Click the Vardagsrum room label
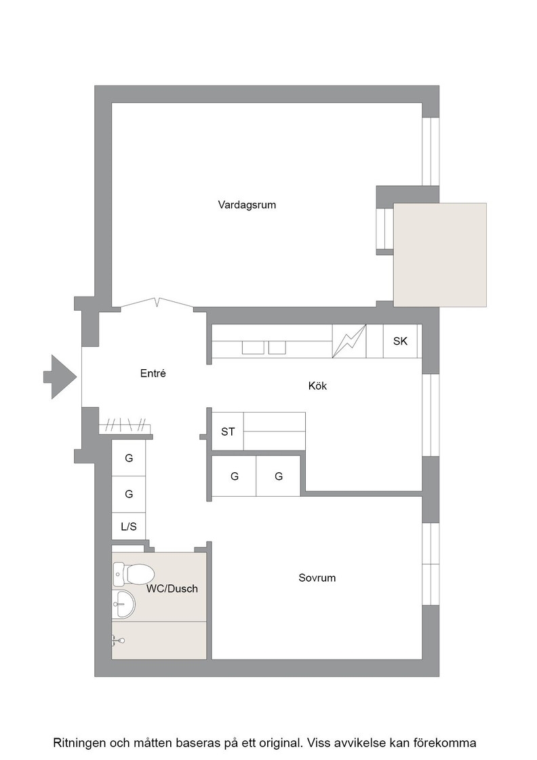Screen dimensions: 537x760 247,205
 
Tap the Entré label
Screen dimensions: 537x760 153,373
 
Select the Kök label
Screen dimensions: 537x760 317,386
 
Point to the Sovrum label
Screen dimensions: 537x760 317,577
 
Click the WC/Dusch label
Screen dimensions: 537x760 172,588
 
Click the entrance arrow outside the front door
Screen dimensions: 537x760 60,377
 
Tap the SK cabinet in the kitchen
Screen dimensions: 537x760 401,341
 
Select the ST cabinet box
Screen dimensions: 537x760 228,432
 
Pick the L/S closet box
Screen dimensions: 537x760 129,527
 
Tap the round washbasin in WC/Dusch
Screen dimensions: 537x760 123,604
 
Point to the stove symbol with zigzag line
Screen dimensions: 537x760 349,341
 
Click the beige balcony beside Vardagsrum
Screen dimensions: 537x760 439,254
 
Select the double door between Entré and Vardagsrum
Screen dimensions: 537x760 157,303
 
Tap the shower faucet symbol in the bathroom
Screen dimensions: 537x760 117,641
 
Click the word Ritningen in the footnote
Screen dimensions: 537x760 78,743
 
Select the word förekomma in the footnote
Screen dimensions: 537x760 449,743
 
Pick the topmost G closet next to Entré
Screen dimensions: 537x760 129,458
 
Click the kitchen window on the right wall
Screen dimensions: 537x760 431,415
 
